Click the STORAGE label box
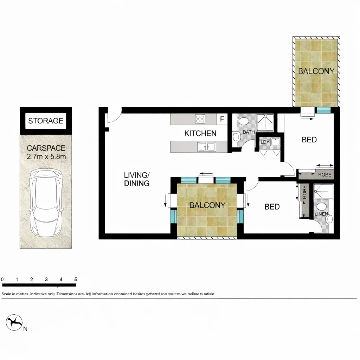point(46,121)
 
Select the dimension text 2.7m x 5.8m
point(46,157)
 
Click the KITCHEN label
point(200,134)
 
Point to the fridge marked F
point(222,119)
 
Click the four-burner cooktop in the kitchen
point(200,119)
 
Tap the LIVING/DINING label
point(137,179)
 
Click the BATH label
point(249,132)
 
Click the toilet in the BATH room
point(243,121)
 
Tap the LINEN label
point(321,214)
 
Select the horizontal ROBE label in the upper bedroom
point(324,175)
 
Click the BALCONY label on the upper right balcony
point(316,71)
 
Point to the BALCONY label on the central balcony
point(207,205)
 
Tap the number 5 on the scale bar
point(76,279)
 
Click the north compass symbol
point(14,322)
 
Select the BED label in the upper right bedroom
point(309,140)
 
